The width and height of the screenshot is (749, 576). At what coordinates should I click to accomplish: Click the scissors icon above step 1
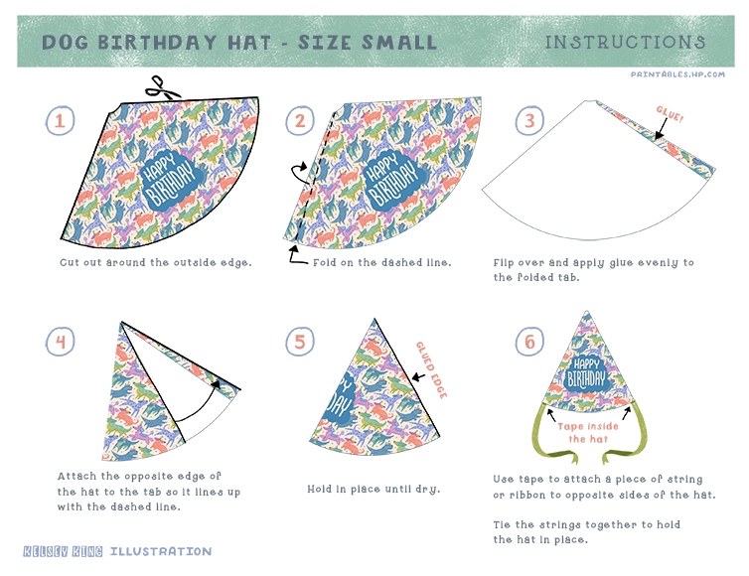[x=163, y=88]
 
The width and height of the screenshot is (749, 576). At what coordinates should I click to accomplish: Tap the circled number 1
[x=61, y=120]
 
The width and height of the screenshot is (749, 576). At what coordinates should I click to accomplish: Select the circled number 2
[x=300, y=120]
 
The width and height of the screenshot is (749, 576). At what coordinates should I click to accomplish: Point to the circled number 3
[x=529, y=120]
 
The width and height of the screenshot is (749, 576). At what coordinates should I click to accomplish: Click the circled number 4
[x=61, y=342]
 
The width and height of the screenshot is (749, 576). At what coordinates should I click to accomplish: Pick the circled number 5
[x=300, y=342]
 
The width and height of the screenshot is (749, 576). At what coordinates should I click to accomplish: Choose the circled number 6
[x=529, y=342]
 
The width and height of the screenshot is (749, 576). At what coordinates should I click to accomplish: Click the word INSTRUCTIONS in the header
[x=625, y=42]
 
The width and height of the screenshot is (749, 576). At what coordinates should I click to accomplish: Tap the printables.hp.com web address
[x=677, y=74]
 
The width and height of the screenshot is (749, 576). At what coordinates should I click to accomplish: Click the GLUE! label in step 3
[x=670, y=114]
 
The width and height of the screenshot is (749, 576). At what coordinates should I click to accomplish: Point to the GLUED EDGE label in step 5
[x=431, y=369]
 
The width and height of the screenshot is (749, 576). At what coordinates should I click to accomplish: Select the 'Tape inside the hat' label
[x=588, y=433]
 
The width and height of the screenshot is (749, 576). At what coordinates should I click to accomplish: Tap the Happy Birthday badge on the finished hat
[x=587, y=373]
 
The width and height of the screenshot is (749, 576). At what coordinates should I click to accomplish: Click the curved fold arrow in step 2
[x=302, y=173]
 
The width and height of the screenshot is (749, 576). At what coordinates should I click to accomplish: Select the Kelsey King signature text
[x=63, y=551]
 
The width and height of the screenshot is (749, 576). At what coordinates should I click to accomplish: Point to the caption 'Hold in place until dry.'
[x=374, y=489]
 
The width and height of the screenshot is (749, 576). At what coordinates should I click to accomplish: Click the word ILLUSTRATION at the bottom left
[x=161, y=551]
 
